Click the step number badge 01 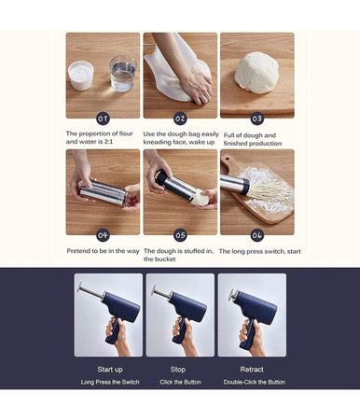[103, 119]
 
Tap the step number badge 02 [180, 119]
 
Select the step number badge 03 [257, 119]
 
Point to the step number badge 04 [103, 235]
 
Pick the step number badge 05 [180, 235]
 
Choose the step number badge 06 [257, 235]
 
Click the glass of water [123, 74]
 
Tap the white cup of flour [81, 76]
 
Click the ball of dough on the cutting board [256, 73]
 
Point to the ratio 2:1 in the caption [107, 142]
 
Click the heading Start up [110, 370]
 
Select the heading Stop [178, 370]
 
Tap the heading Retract [252, 370]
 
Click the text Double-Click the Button [255, 382]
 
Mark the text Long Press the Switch [110, 382]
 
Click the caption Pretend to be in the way [103, 251]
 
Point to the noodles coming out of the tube [269, 192]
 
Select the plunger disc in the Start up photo [80, 287]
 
